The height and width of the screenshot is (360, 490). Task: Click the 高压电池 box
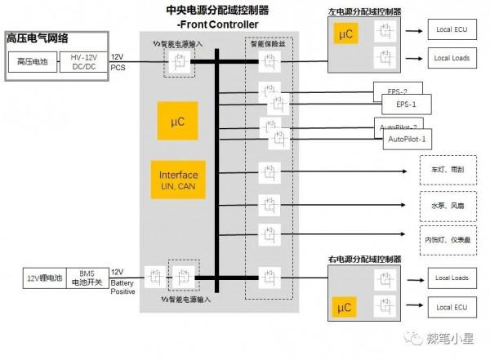click(32, 62)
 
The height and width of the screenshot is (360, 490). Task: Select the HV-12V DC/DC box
click(83, 62)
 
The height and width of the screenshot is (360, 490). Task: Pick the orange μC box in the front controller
click(178, 122)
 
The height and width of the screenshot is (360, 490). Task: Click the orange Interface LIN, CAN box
click(178, 180)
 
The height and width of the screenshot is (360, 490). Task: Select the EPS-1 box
click(406, 104)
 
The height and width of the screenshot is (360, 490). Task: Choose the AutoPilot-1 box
click(406, 140)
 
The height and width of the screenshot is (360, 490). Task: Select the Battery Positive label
click(123, 287)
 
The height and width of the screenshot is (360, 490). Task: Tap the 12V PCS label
click(118, 61)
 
